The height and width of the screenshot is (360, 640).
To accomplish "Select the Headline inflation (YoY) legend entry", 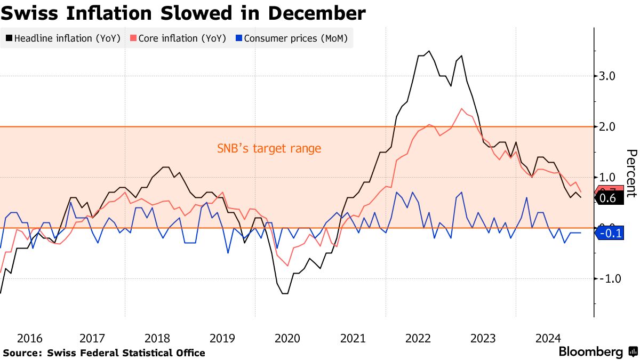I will pos(64,38).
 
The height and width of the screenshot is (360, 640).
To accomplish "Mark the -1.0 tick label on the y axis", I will pos(606,278).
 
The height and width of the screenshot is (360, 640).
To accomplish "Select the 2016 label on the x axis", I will pos(29,338).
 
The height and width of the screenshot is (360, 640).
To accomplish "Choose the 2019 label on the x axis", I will pos(222,338).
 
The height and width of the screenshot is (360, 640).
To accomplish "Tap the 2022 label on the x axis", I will pos(418,338).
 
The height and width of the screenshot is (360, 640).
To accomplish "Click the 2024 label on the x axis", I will pos(548,338).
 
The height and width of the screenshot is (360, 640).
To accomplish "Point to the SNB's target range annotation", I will pos(269,148).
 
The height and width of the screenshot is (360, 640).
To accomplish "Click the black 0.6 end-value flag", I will pos(608,198).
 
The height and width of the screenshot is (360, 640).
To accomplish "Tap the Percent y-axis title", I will pos(631,173).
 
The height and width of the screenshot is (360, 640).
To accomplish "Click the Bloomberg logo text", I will pos(590,352).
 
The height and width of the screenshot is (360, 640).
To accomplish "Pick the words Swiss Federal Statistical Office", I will pos(126,353).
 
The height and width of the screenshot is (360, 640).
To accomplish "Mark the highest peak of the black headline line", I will pos(429,51).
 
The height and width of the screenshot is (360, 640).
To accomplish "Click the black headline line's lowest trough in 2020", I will pos(285,293).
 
